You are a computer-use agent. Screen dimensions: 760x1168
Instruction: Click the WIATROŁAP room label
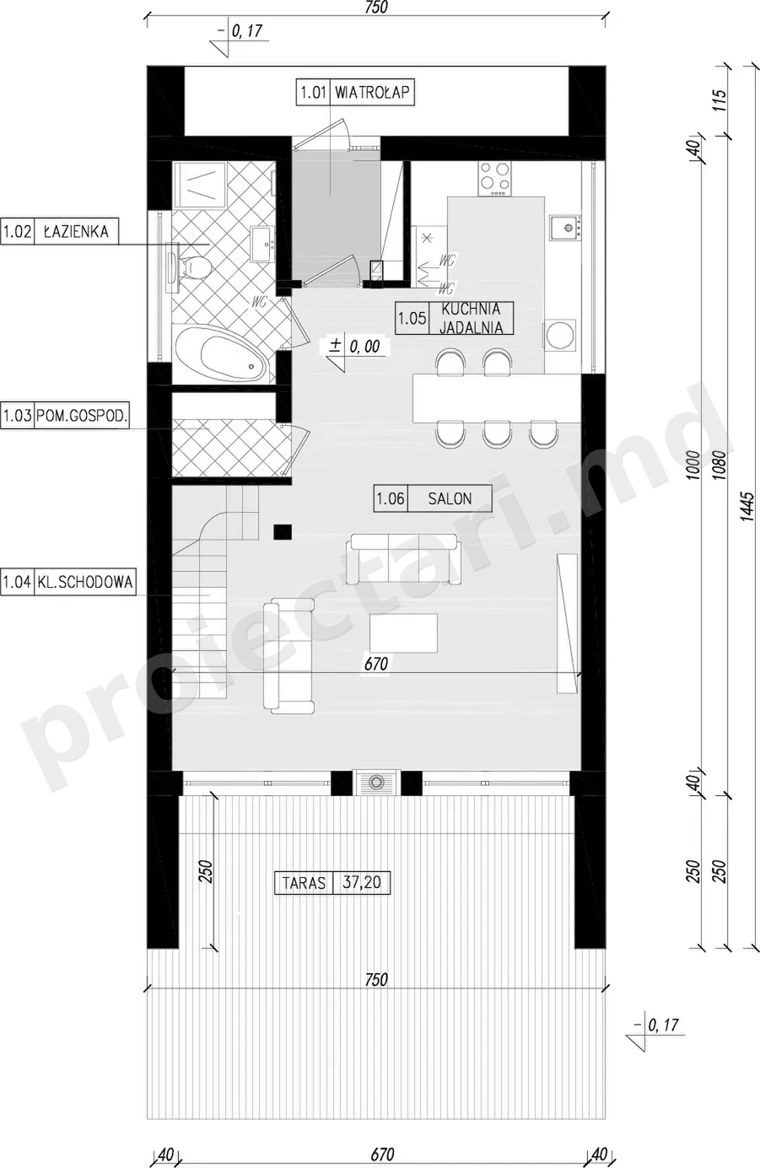tap(355, 92)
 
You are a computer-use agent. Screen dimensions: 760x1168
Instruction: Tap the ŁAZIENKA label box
tap(59, 232)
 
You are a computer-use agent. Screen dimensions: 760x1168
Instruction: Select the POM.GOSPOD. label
tap(65, 416)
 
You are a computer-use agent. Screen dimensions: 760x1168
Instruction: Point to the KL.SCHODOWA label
tap(67, 581)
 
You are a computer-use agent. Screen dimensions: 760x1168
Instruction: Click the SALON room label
tap(433, 498)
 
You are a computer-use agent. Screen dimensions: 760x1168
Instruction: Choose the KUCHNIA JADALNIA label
tap(455, 318)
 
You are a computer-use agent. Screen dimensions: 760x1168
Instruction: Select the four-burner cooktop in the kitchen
tap(494, 179)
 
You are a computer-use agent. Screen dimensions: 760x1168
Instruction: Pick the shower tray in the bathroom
tap(200, 185)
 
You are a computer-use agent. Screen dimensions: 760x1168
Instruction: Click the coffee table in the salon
tap(403, 633)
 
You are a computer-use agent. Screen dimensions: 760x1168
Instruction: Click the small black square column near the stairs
tap(283, 532)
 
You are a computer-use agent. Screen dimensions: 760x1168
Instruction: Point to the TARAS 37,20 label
tap(332, 883)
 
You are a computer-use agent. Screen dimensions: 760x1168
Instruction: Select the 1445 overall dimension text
tap(747, 507)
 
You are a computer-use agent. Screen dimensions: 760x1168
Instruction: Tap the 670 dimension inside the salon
tap(376, 664)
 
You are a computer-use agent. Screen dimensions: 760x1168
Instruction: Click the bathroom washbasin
tap(263, 244)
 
